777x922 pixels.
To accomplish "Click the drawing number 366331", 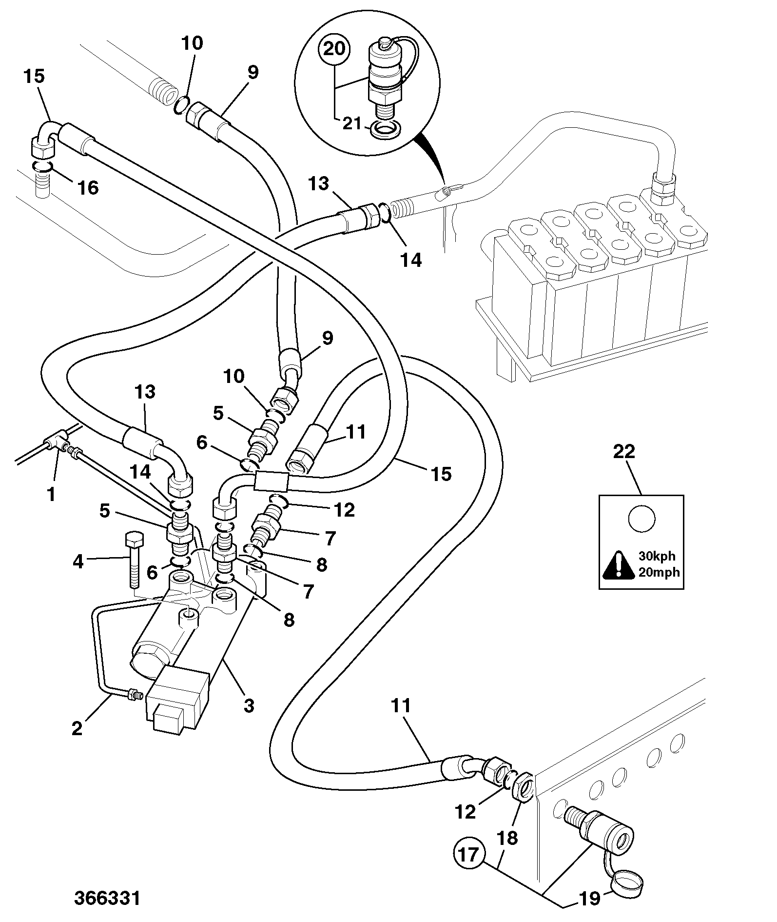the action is [107, 899].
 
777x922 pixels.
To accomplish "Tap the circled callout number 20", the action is [334, 49].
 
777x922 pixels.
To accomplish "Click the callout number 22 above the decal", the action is [624, 451].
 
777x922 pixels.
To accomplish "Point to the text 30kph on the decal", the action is [657, 557].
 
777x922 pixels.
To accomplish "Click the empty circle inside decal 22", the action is [641, 519].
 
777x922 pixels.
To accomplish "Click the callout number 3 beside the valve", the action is [249, 705].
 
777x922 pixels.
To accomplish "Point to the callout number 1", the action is [51, 494].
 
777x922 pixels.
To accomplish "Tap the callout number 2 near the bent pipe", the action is [77, 728].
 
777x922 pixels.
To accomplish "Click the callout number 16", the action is [88, 187].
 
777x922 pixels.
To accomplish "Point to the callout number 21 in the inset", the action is [351, 123].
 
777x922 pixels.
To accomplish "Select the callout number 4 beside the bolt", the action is [78, 562].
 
